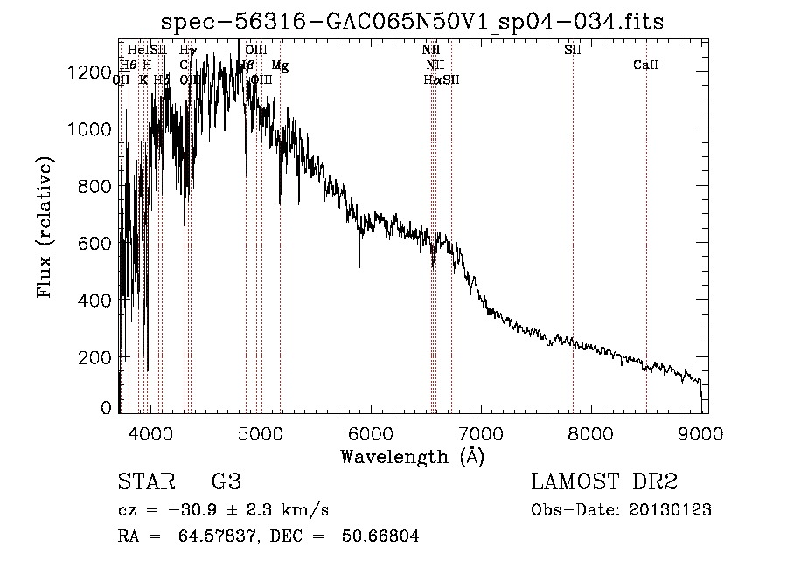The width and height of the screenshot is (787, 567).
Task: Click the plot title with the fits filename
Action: pyautogui.click(x=414, y=23)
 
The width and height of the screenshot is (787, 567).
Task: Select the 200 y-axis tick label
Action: pyautogui.click(x=94, y=357)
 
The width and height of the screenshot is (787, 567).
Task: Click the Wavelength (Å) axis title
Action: pyautogui.click(x=412, y=456)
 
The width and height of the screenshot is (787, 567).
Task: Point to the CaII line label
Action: pyautogui.click(x=646, y=66)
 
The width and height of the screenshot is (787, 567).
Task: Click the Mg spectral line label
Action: pyautogui.click(x=280, y=66)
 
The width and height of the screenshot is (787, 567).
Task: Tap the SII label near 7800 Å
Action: pyautogui.click(x=573, y=50)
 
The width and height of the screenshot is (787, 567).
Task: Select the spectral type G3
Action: pyautogui.click(x=225, y=482)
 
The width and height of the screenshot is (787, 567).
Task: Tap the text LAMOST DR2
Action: pyautogui.click(x=604, y=482)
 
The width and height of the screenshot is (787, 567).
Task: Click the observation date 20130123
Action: pyautogui.click(x=670, y=510)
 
